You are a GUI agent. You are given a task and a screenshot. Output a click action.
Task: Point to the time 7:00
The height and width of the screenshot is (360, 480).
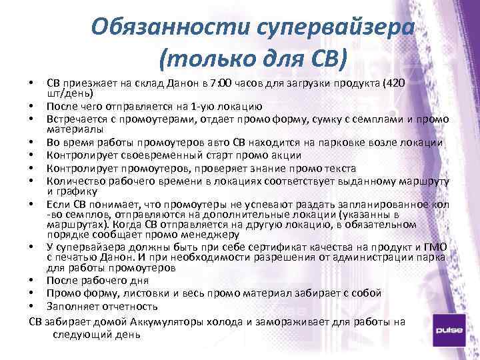pyautogui.click(x=219, y=83)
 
